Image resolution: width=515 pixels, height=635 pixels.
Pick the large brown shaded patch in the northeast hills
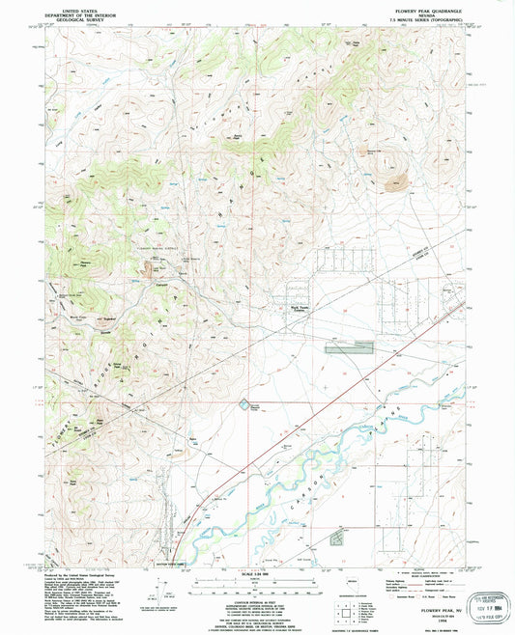pos(393,179)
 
